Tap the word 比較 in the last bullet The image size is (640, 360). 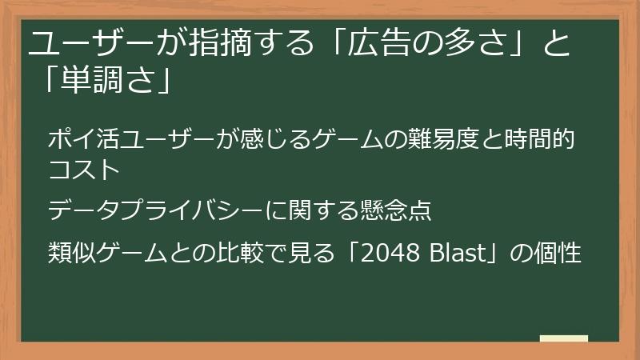point(256,254)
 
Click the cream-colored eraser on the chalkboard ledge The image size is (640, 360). point(564,339)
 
